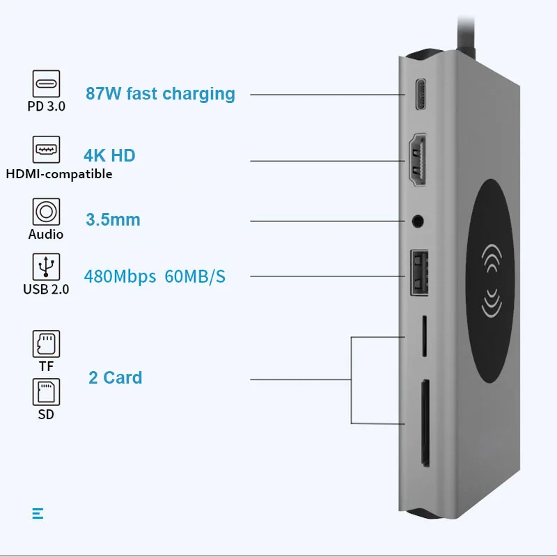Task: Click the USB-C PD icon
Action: (x=47, y=84)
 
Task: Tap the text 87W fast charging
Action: (x=160, y=93)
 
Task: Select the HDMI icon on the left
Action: (x=47, y=150)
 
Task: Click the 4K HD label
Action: (x=109, y=155)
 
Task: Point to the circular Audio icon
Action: (x=46, y=212)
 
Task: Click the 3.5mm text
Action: (x=113, y=220)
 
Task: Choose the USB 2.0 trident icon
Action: (x=47, y=267)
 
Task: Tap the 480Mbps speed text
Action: (x=120, y=276)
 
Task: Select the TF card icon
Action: (x=47, y=344)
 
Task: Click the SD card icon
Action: (x=47, y=393)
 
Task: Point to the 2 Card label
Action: (x=115, y=377)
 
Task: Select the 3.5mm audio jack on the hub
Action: (x=418, y=221)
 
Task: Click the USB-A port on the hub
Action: (x=418, y=276)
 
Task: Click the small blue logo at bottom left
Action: (x=38, y=514)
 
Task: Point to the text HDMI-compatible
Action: (x=59, y=174)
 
